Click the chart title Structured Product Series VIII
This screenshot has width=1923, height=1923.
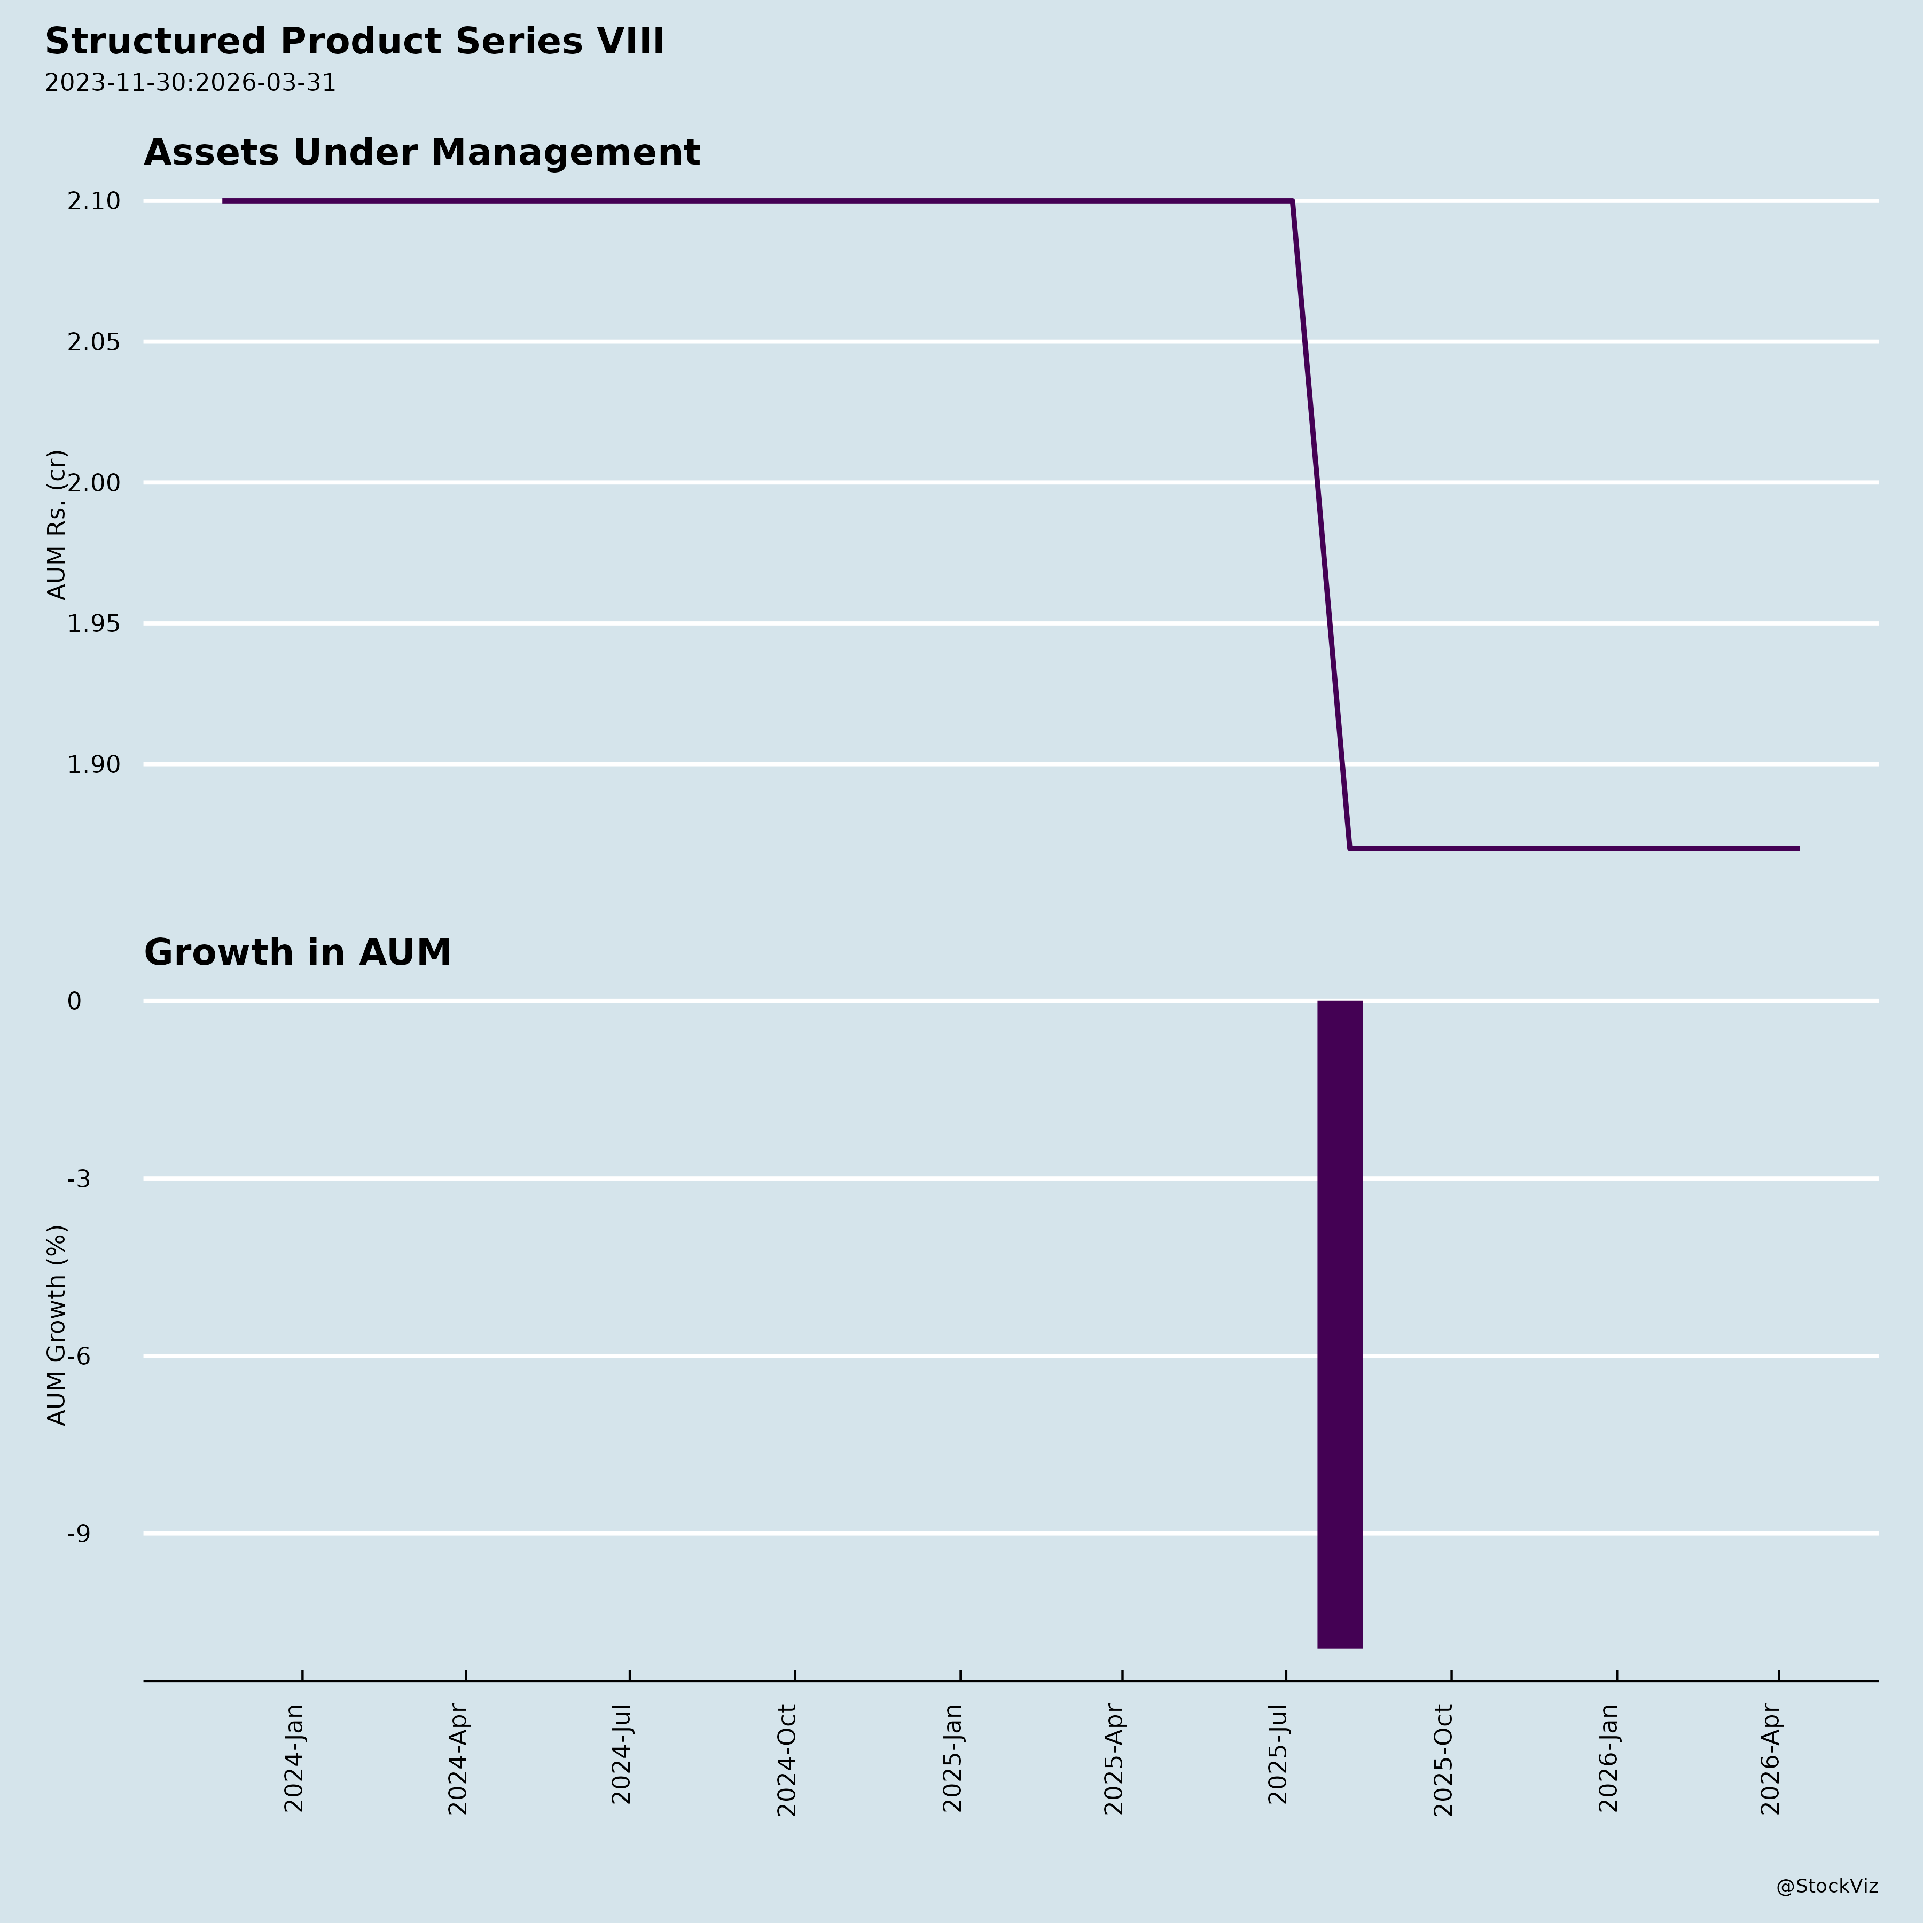click(x=354, y=42)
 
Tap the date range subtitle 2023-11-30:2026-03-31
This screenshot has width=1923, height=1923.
click(x=190, y=83)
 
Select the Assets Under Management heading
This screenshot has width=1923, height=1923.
click(x=422, y=152)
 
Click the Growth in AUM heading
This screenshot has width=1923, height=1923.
click(x=298, y=952)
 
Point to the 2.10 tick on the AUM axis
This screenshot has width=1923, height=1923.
click(x=93, y=201)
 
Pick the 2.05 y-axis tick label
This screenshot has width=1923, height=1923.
click(x=93, y=342)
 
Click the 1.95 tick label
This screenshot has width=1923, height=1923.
click(x=93, y=624)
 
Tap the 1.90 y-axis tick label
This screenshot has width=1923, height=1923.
click(x=93, y=764)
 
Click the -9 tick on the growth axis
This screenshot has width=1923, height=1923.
click(x=79, y=1534)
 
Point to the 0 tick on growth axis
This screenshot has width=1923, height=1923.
click(x=75, y=1002)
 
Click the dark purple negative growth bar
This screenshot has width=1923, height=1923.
click(x=1340, y=1324)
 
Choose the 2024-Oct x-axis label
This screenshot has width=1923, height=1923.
click(x=787, y=1760)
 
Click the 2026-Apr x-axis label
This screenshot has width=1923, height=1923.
click(x=1771, y=1759)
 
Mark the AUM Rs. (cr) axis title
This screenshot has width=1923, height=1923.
click(x=57, y=525)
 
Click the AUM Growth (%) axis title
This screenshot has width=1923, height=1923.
click(x=57, y=1325)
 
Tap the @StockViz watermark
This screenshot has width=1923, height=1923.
click(x=1827, y=1886)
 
